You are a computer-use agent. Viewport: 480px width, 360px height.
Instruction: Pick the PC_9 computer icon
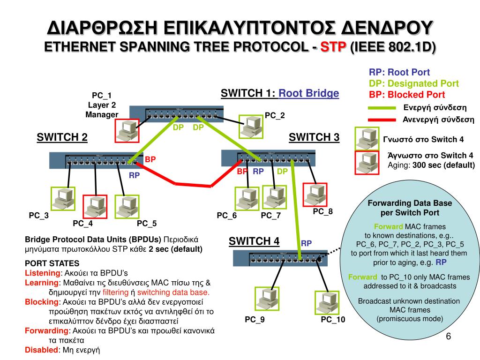point(266,299)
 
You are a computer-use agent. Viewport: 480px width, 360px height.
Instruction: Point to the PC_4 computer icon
point(95,207)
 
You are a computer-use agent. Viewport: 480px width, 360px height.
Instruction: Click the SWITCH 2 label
point(62,137)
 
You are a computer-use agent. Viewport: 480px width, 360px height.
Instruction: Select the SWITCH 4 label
point(254,241)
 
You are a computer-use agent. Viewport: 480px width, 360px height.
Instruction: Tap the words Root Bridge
point(308,93)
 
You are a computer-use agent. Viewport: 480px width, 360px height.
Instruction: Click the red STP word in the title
point(333,47)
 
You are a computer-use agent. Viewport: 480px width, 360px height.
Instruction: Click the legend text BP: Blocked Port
point(407,94)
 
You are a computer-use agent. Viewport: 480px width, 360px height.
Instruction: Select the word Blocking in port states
point(38,301)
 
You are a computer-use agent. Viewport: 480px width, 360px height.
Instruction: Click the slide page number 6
point(448,337)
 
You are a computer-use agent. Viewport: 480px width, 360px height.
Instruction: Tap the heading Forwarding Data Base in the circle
point(410,203)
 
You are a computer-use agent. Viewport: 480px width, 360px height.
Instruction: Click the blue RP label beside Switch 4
point(307,243)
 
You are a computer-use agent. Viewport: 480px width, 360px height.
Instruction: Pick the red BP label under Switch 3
point(242,172)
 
